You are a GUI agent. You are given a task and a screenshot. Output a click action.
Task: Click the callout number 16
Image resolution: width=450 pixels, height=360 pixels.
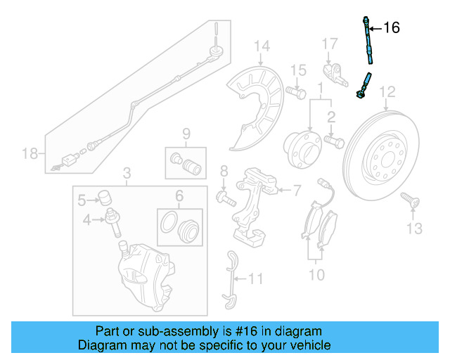pos(391,28)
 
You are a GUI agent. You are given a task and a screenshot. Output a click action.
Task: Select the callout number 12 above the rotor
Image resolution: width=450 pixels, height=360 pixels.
pos(387,91)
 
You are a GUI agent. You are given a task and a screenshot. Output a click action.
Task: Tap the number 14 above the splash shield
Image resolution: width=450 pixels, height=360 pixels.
pos(262,47)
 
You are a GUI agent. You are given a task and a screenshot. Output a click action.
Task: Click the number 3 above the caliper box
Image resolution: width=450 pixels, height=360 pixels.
pos(127,172)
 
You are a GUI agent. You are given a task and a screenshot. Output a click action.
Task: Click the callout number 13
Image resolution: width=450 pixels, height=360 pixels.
pos(415,228)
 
